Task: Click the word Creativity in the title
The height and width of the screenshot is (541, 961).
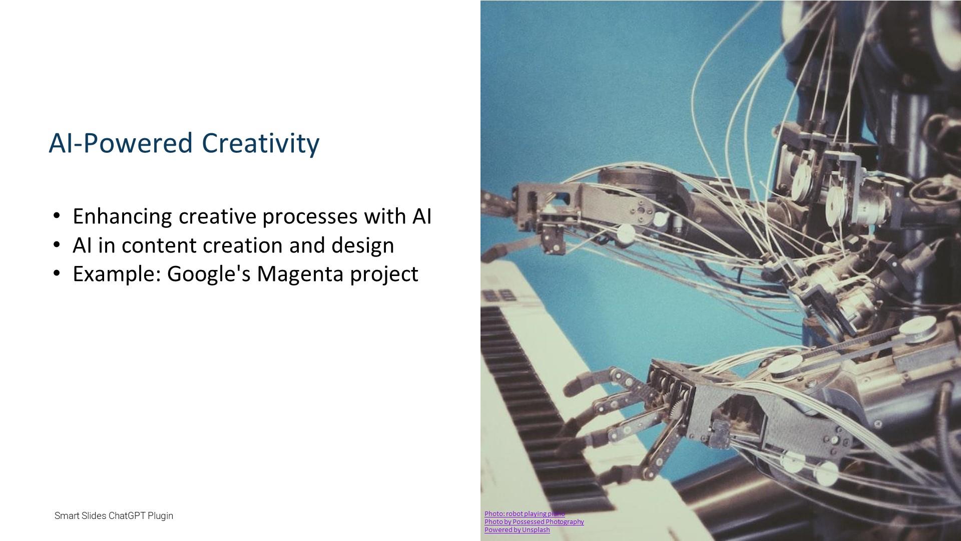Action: [x=260, y=143]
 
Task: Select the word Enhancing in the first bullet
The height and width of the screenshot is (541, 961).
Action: [x=123, y=217]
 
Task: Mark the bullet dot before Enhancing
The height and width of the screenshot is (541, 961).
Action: [x=57, y=216]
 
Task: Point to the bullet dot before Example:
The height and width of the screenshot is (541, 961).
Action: [x=57, y=274]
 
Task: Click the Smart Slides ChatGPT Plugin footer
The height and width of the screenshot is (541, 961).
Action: [x=114, y=515]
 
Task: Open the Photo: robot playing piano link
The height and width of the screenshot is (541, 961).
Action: [x=525, y=513]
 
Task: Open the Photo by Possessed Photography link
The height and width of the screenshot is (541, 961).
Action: [x=534, y=521]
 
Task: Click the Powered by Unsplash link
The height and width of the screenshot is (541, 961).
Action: [x=517, y=529]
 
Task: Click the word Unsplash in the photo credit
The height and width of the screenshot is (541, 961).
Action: [x=536, y=529]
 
